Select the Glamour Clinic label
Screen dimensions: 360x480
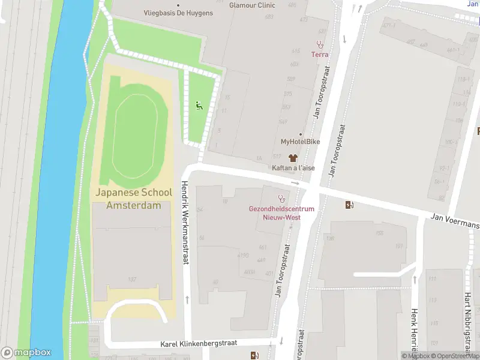tap(252, 5)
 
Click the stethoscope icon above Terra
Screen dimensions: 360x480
tap(320, 44)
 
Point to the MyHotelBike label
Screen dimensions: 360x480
tap(300, 142)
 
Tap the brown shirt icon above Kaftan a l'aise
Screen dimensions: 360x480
tap(293, 158)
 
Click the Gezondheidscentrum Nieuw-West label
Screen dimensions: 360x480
tap(281, 213)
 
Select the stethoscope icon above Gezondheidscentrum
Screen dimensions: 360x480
tap(280, 198)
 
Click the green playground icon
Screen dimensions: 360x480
tap(199, 106)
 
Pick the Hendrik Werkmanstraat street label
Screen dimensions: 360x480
tap(185, 222)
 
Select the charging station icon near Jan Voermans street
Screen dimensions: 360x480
tap(350, 205)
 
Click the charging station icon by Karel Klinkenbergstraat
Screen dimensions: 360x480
tap(255, 355)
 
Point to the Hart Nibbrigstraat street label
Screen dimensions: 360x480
tap(468, 324)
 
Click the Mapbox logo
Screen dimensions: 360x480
tap(26, 353)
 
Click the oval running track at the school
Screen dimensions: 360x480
tap(135, 136)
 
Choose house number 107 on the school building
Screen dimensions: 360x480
tap(131, 279)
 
